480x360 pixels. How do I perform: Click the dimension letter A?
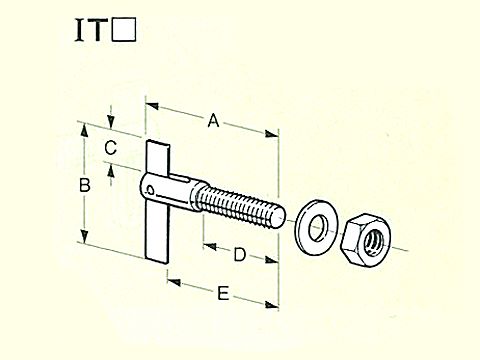212,122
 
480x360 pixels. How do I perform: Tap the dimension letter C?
112,148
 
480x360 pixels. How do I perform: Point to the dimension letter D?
239,255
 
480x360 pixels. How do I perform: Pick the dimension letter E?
223,293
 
